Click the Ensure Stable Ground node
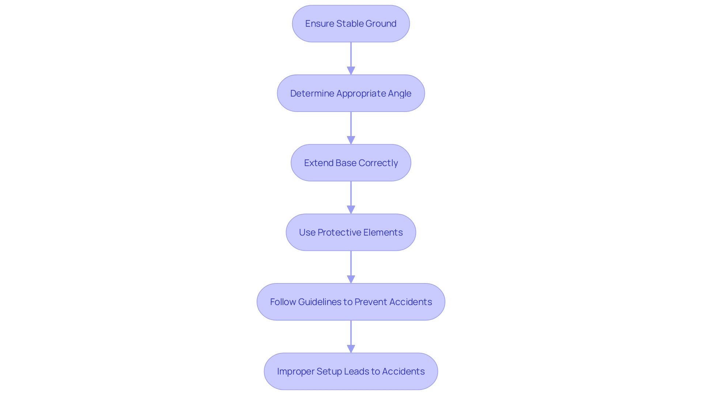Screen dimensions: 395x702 pos(351,24)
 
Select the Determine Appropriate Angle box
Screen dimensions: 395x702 pos(351,93)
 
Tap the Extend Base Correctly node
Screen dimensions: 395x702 pos(351,163)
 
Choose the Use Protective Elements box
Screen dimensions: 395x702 pos(351,232)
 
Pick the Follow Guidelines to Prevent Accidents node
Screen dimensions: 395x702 pos(351,302)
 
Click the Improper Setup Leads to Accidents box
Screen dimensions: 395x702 pos(351,371)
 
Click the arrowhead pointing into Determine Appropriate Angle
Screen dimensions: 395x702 pos(351,71)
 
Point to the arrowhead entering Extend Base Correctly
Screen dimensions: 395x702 pos(351,140)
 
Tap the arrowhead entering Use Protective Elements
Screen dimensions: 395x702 pos(351,210)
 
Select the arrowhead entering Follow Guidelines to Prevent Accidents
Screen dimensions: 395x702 pos(351,279)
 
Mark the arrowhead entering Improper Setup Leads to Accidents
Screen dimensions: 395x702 pos(351,349)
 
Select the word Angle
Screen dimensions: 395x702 pos(400,94)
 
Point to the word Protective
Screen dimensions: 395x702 pos(339,233)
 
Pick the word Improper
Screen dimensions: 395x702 pos(295,372)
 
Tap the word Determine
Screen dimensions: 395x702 pos(312,94)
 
